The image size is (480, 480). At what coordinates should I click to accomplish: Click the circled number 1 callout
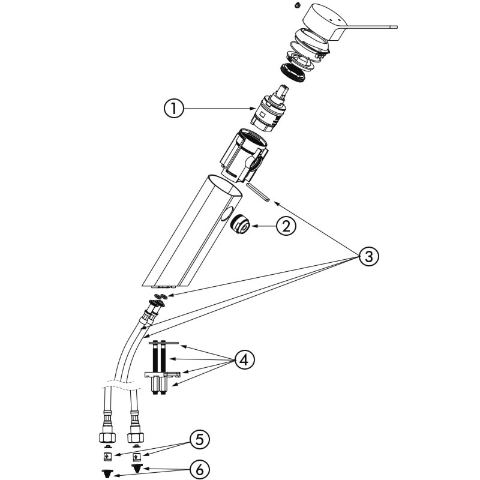[x=173, y=109]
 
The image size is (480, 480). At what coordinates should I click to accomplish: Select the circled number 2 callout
[x=286, y=226]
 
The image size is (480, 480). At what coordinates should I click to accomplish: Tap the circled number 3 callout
[x=369, y=256]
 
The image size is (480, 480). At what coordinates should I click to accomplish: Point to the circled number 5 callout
[x=200, y=440]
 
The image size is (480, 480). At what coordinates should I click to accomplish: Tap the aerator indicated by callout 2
[x=241, y=226]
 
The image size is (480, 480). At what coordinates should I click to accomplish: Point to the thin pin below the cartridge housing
[x=257, y=191]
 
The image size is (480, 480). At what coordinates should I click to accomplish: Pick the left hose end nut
[x=107, y=434]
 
